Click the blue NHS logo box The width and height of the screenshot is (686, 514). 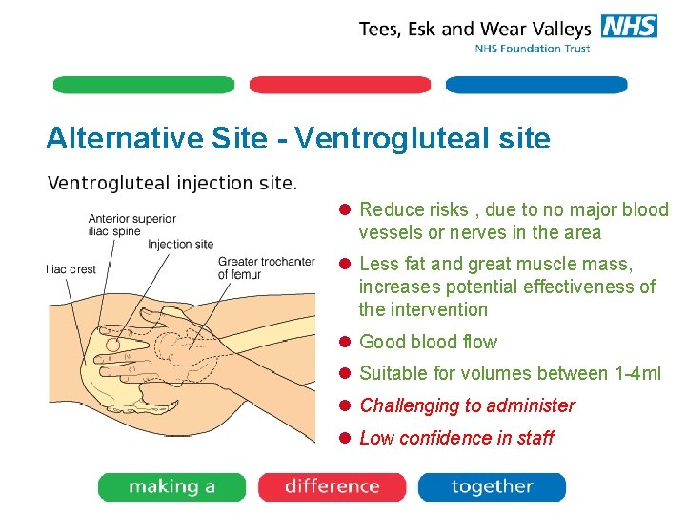click(629, 26)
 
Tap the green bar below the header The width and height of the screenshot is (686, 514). click(144, 85)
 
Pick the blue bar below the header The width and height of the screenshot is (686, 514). click(536, 85)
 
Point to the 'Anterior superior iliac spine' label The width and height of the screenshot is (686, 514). click(132, 225)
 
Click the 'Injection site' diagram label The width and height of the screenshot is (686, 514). click(180, 245)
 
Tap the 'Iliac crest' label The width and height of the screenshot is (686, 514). click(71, 269)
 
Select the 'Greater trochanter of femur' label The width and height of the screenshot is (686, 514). click(266, 268)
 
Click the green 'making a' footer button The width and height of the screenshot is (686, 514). click(171, 487)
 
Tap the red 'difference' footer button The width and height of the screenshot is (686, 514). click(332, 487)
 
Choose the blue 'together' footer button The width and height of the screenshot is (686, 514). click(492, 487)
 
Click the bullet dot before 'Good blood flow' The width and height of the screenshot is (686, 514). click(347, 342)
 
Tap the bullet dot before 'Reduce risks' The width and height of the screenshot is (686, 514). click(347, 209)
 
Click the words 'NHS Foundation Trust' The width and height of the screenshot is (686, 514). click(533, 49)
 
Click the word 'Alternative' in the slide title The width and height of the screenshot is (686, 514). click(125, 139)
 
